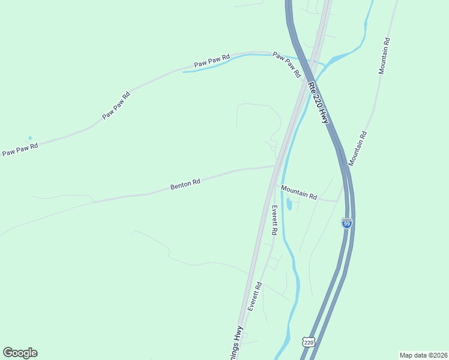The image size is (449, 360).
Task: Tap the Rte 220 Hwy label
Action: (x=318, y=102)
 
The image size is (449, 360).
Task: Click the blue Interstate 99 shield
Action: (x=346, y=223)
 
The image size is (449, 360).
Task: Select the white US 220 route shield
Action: (x=309, y=342)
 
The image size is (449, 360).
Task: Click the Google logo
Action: (x=20, y=353)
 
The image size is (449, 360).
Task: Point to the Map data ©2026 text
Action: (x=424, y=355)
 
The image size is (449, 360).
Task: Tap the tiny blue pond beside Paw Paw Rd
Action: (x=29, y=138)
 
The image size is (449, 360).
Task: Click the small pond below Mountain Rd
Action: (x=289, y=205)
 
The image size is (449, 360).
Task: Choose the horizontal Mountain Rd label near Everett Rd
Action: (x=298, y=192)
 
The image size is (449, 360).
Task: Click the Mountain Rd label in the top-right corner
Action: (x=384, y=56)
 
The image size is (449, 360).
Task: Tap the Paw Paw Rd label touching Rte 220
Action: (x=287, y=65)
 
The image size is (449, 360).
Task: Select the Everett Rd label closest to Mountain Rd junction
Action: (x=274, y=220)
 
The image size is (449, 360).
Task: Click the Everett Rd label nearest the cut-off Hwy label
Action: (x=255, y=296)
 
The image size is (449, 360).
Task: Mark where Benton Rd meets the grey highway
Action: (x=276, y=166)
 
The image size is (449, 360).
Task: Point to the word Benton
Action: (x=180, y=185)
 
